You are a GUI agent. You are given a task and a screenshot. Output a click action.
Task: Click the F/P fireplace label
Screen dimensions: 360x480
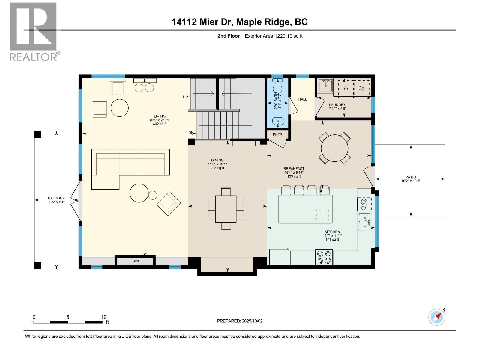[x=136, y=262]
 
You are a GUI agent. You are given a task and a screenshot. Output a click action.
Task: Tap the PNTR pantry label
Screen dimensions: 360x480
[x=277, y=134]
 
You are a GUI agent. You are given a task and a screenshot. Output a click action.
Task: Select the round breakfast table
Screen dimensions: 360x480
[x=334, y=148]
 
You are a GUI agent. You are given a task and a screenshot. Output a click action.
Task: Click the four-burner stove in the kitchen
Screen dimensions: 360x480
[x=324, y=257]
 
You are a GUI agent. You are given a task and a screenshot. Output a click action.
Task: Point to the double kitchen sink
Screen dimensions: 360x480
[x=364, y=222]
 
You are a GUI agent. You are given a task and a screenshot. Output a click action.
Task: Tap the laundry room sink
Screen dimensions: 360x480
[x=325, y=86]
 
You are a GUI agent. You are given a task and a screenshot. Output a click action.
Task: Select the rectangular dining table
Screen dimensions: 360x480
[x=226, y=209]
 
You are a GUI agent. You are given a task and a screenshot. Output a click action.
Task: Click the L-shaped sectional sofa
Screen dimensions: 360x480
[x=126, y=168]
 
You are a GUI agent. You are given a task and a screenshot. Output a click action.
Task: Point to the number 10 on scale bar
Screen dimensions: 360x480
[x=103, y=317]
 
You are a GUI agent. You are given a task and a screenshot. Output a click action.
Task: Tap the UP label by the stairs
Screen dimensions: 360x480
[x=185, y=97]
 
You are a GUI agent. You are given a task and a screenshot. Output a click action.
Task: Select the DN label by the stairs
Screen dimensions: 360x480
[x=191, y=133]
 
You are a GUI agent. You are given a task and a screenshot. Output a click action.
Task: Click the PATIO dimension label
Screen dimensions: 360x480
[x=411, y=179]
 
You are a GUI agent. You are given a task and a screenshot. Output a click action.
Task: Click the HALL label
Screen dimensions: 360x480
[x=302, y=99]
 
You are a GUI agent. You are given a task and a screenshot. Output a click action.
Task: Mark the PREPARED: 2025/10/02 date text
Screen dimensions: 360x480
[x=240, y=321]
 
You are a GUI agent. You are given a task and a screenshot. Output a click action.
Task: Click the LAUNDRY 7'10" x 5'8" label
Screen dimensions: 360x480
[x=337, y=106]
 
